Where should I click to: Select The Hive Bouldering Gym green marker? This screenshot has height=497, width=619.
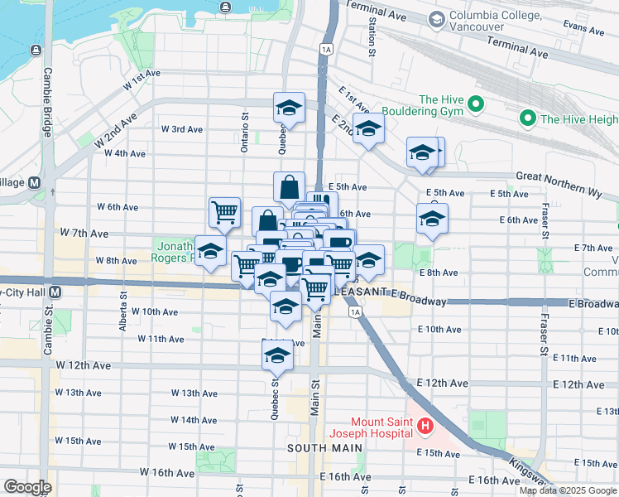coord(476,105)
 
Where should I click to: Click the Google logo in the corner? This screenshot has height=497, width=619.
coord(28,487)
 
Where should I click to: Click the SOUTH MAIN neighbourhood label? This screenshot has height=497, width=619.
coord(324,448)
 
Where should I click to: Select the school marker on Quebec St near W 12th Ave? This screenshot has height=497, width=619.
coord(277,356)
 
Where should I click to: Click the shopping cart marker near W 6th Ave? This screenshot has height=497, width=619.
coord(224,212)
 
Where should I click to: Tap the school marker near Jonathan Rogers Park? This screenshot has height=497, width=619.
coord(210,251)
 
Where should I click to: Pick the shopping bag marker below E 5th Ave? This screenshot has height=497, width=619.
coord(290,186)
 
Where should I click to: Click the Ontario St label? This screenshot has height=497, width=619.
coord(245,133)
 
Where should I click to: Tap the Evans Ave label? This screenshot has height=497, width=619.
coord(584,29)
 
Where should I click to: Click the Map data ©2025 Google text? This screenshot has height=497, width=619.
coord(567,490)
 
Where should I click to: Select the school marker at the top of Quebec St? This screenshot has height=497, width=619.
coord(290,108)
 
